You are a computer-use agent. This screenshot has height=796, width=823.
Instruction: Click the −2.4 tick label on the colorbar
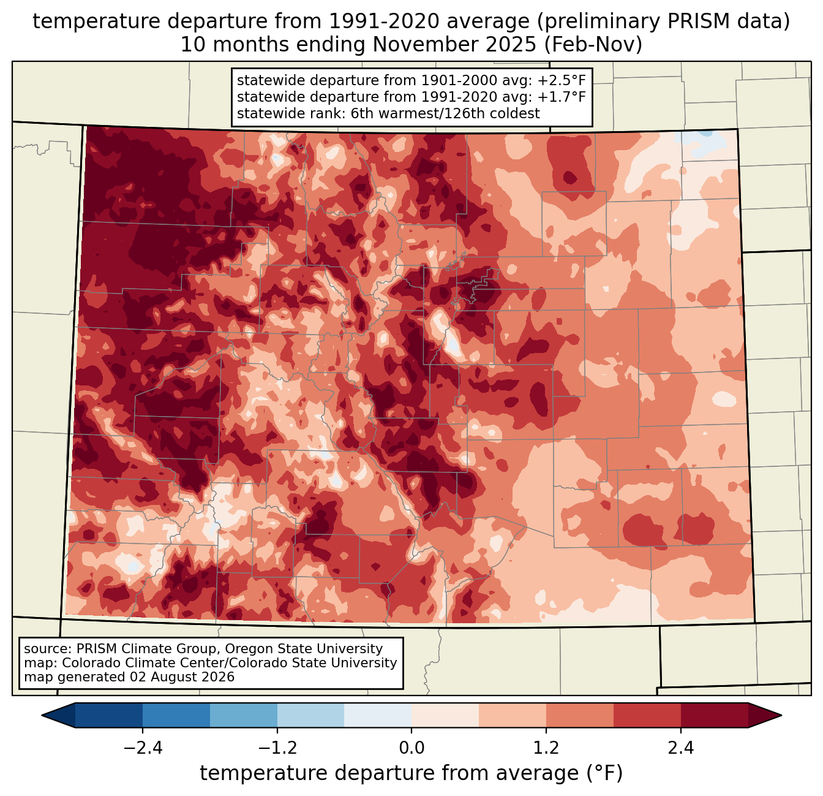click(143, 748)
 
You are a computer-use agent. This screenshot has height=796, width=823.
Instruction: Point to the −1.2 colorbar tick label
click(277, 748)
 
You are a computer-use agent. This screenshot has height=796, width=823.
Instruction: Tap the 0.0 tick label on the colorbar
click(411, 748)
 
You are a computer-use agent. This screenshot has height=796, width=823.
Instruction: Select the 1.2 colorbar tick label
click(546, 748)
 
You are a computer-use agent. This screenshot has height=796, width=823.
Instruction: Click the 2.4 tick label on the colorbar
click(681, 748)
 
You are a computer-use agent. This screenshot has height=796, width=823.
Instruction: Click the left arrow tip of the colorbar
click(42, 716)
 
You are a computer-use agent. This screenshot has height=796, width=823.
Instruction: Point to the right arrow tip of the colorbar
click(781, 716)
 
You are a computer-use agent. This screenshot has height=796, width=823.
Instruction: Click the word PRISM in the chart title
click(693, 21)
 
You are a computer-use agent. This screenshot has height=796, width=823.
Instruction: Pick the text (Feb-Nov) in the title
click(593, 45)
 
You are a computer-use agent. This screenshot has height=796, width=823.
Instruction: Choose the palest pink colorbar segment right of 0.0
click(445, 716)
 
